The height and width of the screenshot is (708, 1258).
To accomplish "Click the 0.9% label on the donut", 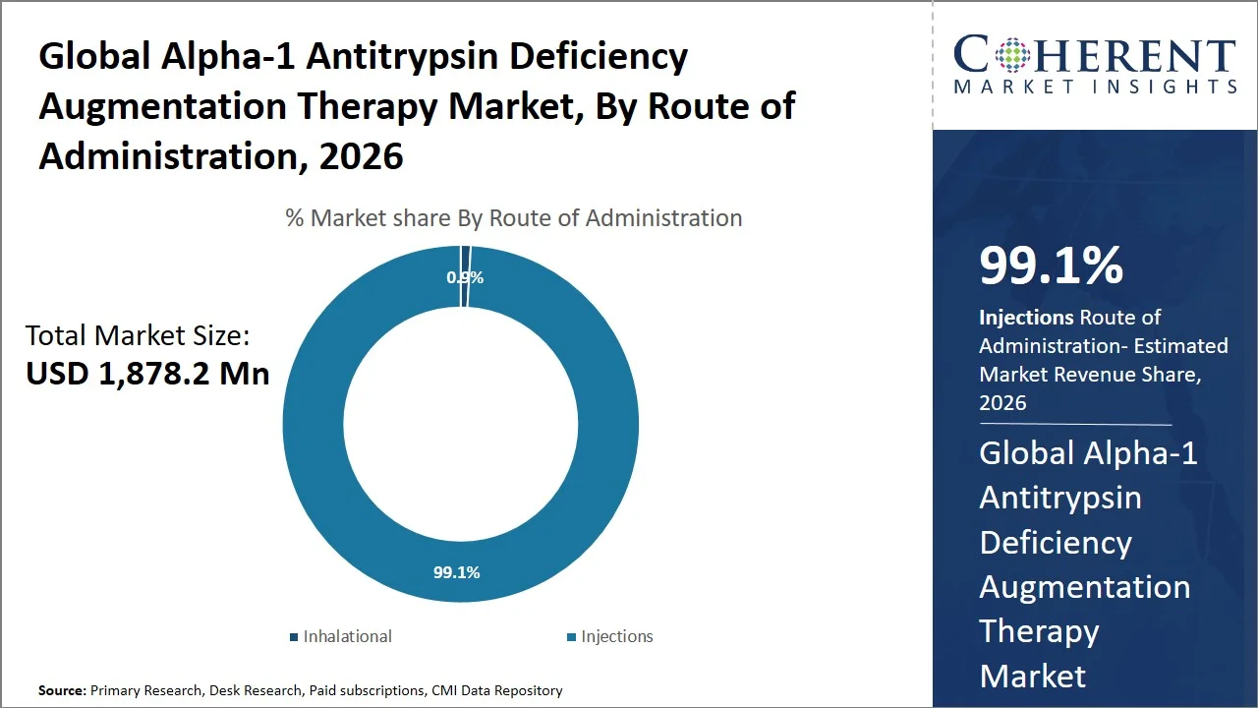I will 465,277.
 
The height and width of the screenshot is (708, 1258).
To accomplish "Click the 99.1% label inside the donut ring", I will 457,571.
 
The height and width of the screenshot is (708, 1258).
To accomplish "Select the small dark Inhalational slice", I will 466,258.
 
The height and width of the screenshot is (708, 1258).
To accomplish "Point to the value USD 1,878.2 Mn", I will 147,374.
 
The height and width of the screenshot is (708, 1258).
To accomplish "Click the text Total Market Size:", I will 138,336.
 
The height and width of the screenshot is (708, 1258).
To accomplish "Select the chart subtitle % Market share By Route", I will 513,217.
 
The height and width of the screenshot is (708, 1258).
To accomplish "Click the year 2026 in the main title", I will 361,156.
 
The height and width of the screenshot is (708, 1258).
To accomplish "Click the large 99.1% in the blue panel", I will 1051,265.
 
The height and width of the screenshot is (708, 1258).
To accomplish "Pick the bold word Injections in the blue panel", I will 1026,318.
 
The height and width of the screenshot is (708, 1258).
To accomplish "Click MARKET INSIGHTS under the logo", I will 1095,88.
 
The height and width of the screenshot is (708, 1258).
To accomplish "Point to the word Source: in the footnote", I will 62,691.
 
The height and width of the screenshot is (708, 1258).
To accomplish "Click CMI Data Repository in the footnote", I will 496,691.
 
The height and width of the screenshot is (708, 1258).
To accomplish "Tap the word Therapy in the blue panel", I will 1039,630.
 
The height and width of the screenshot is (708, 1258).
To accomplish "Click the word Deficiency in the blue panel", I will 1056,542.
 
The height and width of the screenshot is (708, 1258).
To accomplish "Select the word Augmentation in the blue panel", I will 1084,587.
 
